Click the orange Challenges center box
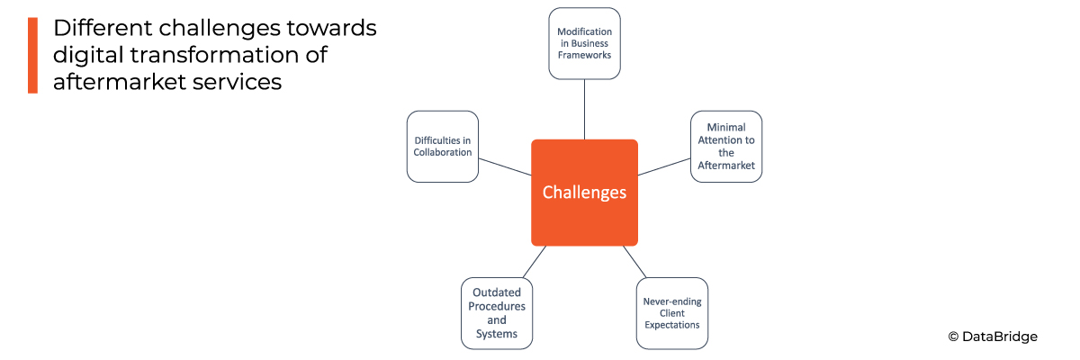(584, 192)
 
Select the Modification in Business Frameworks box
(584, 42)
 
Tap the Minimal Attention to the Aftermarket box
(726, 147)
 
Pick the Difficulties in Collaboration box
(442, 146)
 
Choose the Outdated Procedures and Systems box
(497, 313)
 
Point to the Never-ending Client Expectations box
(671, 313)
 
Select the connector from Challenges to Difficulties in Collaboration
(505, 167)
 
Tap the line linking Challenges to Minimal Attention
(664, 167)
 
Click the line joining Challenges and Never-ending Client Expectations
(635, 261)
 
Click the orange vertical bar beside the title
(32, 55)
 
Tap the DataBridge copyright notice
(993, 337)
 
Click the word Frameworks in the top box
(585, 55)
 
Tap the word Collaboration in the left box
(443, 152)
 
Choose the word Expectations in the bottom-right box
(671, 325)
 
